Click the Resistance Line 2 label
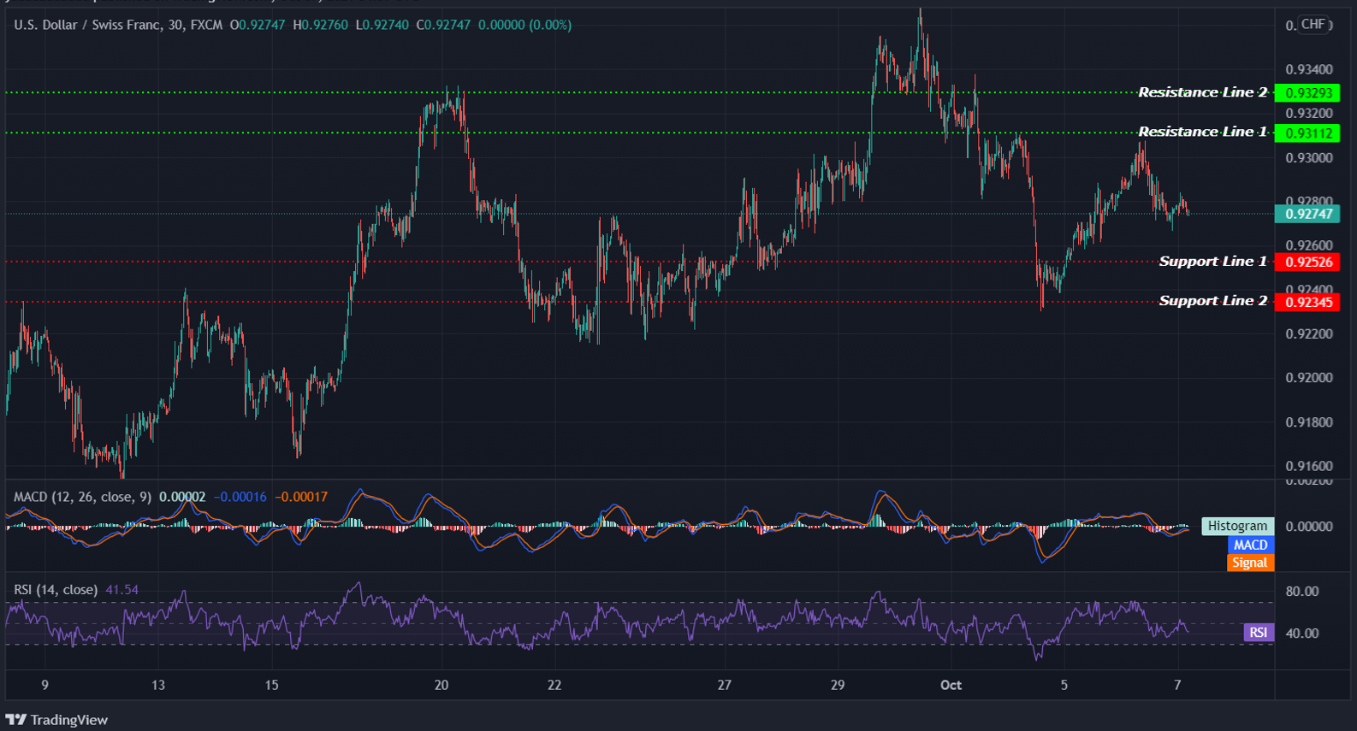[x=1202, y=92]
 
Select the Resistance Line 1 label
[x=1202, y=132]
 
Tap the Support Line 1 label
[x=1212, y=262]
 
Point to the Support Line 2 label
[x=1212, y=301]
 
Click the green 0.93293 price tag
[x=1308, y=93]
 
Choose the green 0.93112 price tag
[x=1308, y=133]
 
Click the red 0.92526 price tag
[x=1308, y=262]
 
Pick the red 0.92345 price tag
[x=1308, y=302]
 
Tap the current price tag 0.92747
[x=1308, y=215]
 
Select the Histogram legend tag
[x=1237, y=526]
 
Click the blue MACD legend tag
[x=1250, y=545]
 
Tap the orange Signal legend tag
[x=1250, y=563]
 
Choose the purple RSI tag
[x=1258, y=633]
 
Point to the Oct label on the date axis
[x=951, y=685]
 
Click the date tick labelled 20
[x=441, y=685]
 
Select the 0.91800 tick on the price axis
[x=1309, y=422]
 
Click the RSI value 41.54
[x=121, y=590]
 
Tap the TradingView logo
[x=57, y=720]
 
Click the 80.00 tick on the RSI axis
[x=1302, y=592]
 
